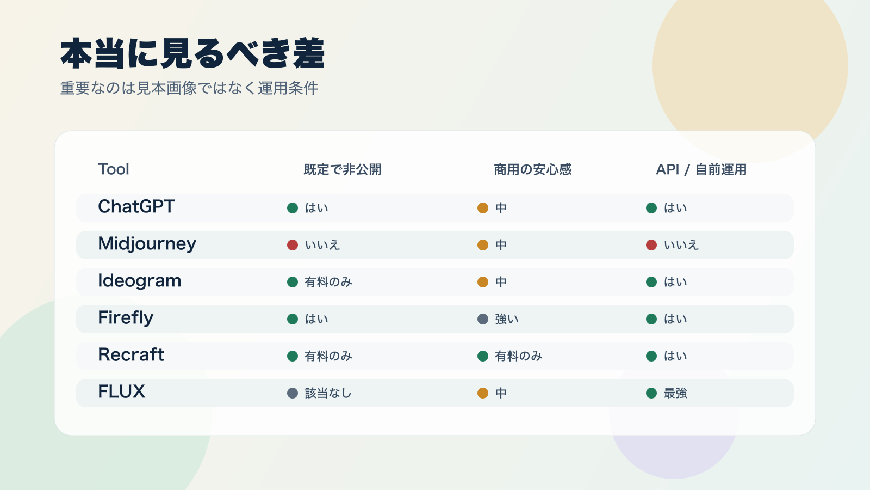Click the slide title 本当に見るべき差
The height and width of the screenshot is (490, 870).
192,54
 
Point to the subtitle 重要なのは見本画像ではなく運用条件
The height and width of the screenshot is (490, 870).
189,88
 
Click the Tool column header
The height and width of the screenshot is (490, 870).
114,169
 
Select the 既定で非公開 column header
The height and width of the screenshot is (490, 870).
343,170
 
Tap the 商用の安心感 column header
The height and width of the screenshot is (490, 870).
533,170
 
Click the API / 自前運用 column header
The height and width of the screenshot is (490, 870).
701,170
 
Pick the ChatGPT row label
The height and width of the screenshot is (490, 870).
136,207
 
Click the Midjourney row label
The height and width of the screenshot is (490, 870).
147,244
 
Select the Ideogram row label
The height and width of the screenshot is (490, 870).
140,281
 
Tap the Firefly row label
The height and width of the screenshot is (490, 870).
126,318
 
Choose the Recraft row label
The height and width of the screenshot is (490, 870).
131,355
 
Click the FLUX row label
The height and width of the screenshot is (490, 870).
122,392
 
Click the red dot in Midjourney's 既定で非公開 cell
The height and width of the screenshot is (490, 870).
293,245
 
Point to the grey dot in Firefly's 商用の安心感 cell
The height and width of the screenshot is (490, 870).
483,319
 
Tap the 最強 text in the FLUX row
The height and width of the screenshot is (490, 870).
675,393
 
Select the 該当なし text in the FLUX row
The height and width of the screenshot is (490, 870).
328,393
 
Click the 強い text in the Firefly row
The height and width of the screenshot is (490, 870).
507,319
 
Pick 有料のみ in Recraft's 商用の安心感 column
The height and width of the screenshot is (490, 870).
519,356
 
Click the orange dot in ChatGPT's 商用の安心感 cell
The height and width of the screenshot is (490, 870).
483,208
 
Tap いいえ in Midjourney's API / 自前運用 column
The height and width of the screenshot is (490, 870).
681,245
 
